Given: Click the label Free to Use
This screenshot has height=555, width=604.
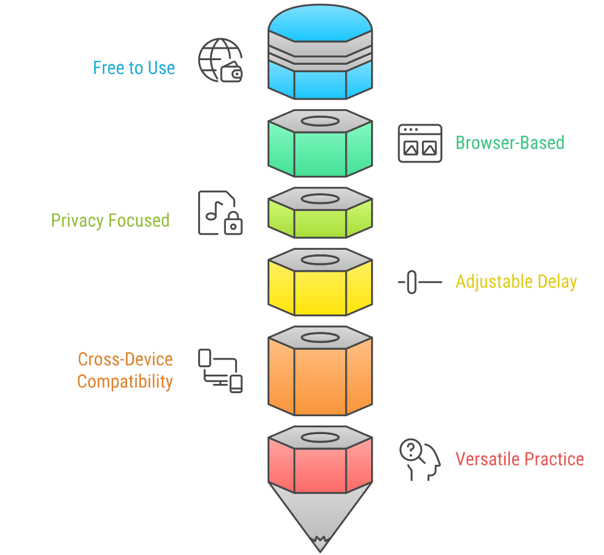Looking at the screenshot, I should point(134,68).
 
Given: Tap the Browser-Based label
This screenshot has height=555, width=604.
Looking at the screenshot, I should point(510,143).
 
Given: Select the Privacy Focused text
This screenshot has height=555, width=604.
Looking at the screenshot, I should point(110,221).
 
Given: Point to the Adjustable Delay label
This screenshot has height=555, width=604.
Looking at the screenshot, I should point(516,282).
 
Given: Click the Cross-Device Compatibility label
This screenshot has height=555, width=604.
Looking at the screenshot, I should point(125,371).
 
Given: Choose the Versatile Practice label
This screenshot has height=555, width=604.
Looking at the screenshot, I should point(519,460).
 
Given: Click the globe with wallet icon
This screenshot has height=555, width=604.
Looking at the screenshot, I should point(220,60).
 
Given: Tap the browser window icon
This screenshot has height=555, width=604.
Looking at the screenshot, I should point(420,143).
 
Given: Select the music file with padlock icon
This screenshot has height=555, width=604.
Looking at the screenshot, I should point(220,213).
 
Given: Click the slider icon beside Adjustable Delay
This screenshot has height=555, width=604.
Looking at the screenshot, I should point(419,282).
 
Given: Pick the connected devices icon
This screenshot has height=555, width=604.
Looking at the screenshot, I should point(220,371).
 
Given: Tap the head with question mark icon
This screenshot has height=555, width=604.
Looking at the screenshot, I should point(420,460).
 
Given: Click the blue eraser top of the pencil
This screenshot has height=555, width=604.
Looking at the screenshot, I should point(320,23).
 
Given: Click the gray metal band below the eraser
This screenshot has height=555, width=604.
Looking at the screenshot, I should point(320,53).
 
